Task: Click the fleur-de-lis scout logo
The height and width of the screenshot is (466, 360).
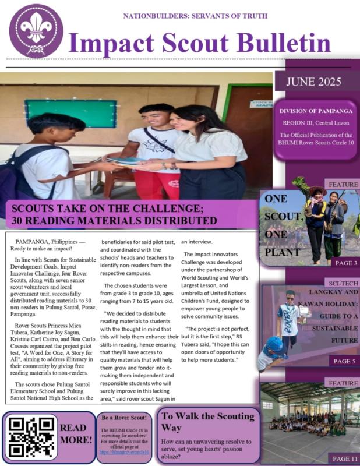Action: click(36, 30)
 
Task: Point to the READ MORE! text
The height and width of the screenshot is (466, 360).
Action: click(76, 434)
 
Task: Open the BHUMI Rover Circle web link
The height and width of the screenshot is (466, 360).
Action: click(123, 451)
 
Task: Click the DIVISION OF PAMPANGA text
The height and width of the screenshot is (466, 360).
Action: click(317, 111)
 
